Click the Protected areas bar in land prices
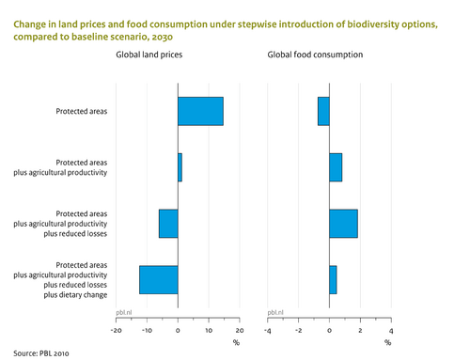point(200,111)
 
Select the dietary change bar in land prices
point(159,280)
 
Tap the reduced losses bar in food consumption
point(343,224)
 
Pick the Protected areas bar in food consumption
point(323,111)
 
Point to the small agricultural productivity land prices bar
point(180,167)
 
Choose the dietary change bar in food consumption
point(333,280)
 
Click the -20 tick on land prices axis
point(117,331)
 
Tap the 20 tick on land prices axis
point(239,331)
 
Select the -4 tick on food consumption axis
point(268,331)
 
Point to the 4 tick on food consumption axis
point(390,331)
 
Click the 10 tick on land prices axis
point(209,331)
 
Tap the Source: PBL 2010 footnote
point(41,353)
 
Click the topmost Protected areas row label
point(82,112)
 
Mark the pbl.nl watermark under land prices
point(123,311)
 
